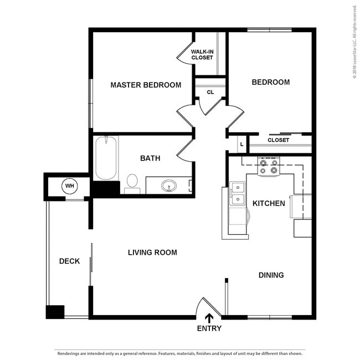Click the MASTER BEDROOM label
(x=146, y=85)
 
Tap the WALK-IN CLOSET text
(x=202, y=55)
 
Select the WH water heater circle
(x=70, y=186)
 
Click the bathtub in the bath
(x=106, y=158)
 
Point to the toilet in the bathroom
(x=132, y=183)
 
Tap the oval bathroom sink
(x=169, y=186)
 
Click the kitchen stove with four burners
(x=269, y=166)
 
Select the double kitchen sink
(x=238, y=193)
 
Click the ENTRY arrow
(x=209, y=318)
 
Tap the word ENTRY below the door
(x=209, y=328)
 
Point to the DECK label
(x=70, y=261)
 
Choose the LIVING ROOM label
(x=152, y=253)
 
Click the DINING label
(x=271, y=275)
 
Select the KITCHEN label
(x=269, y=203)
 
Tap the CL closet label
(x=210, y=92)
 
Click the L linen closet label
(x=241, y=145)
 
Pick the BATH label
(x=150, y=158)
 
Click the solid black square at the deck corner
(x=55, y=312)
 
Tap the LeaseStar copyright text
(x=355, y=42)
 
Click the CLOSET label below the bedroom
(x=278, y=140)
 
